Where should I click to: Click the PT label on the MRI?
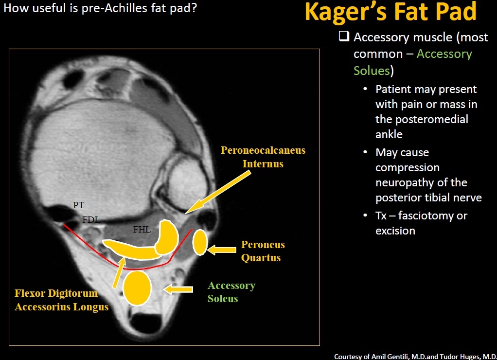(79, 205)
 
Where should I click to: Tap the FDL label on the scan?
(91, 219)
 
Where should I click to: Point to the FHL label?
(142, 229)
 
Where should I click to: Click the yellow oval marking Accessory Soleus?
(137, 288)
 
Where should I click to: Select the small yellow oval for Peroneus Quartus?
(200, 242)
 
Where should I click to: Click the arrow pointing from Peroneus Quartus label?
(222, 250)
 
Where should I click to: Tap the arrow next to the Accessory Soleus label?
(178, 289)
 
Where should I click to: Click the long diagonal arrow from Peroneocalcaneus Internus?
(218, 192)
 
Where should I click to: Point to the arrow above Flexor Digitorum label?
(119, 272)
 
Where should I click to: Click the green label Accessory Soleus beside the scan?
(231, 292)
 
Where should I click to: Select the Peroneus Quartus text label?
(263, 251)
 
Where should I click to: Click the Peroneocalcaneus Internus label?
(263, 157)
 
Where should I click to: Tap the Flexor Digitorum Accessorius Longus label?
(61, 300)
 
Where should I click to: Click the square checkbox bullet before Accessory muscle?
(344, 36)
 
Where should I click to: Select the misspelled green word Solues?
(372, 71)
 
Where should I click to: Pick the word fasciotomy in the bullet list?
(426, 216)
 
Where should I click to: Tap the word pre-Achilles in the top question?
(114, 8)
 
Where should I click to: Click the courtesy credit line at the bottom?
(415, 357)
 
